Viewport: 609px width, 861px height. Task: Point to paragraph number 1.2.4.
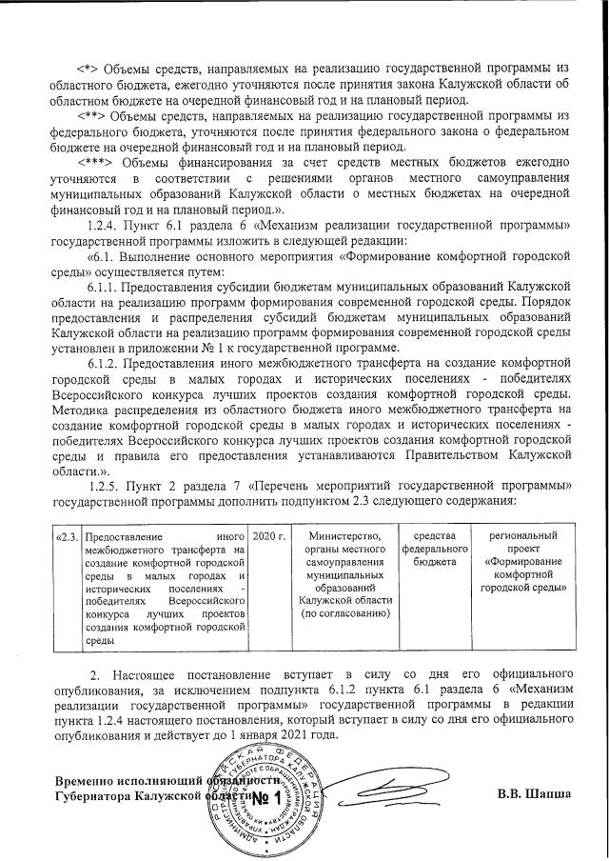(104, 223)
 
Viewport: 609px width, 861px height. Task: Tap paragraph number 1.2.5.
(104, 484)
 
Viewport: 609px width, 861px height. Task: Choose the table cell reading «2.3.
(67, 537)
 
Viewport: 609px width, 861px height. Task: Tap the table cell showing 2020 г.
(269, 537)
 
